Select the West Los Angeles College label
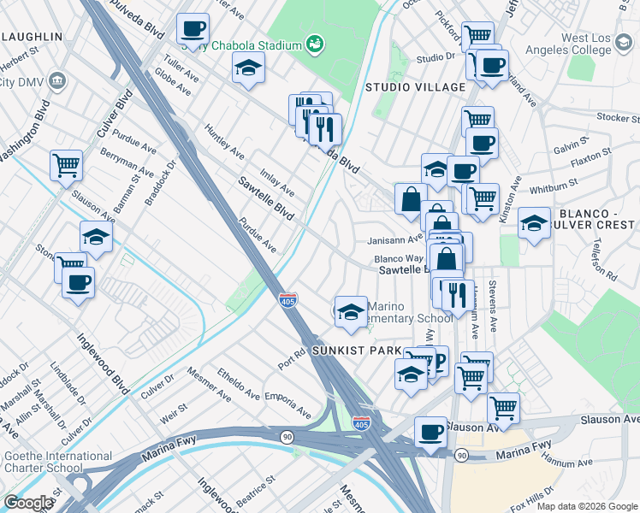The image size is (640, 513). [598, 45]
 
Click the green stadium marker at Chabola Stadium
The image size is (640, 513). [315, 43]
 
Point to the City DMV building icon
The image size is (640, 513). [58, 82]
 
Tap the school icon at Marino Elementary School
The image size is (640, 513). [351, 312]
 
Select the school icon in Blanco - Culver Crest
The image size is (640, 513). [535, 226]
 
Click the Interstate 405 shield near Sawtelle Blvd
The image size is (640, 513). [288, 300]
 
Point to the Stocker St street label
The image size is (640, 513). [613, 117]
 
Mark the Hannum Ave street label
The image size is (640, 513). [572, 463]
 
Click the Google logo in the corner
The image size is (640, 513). [27, 503]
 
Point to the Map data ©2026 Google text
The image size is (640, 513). [585, 506]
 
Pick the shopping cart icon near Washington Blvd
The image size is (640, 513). [66, 165]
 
